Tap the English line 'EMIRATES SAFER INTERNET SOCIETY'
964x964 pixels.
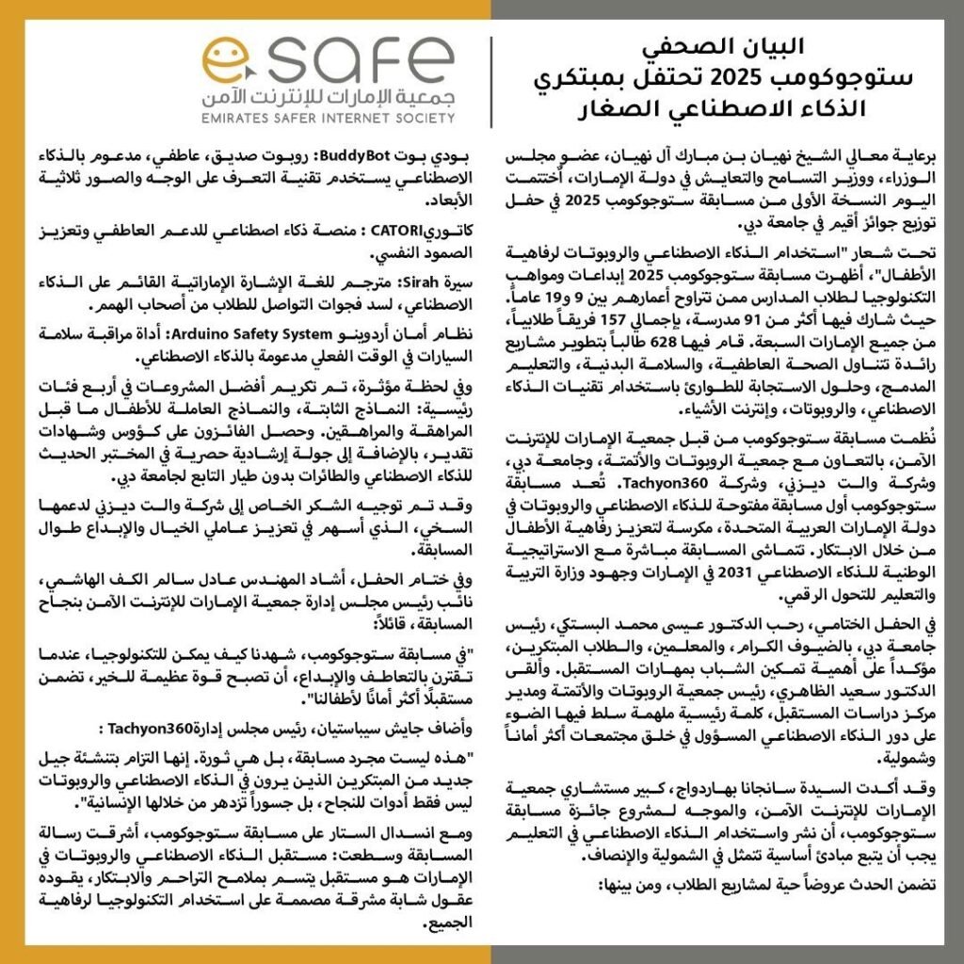click(x=326, y=118)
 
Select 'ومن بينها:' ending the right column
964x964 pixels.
click(x=631, y=885)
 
